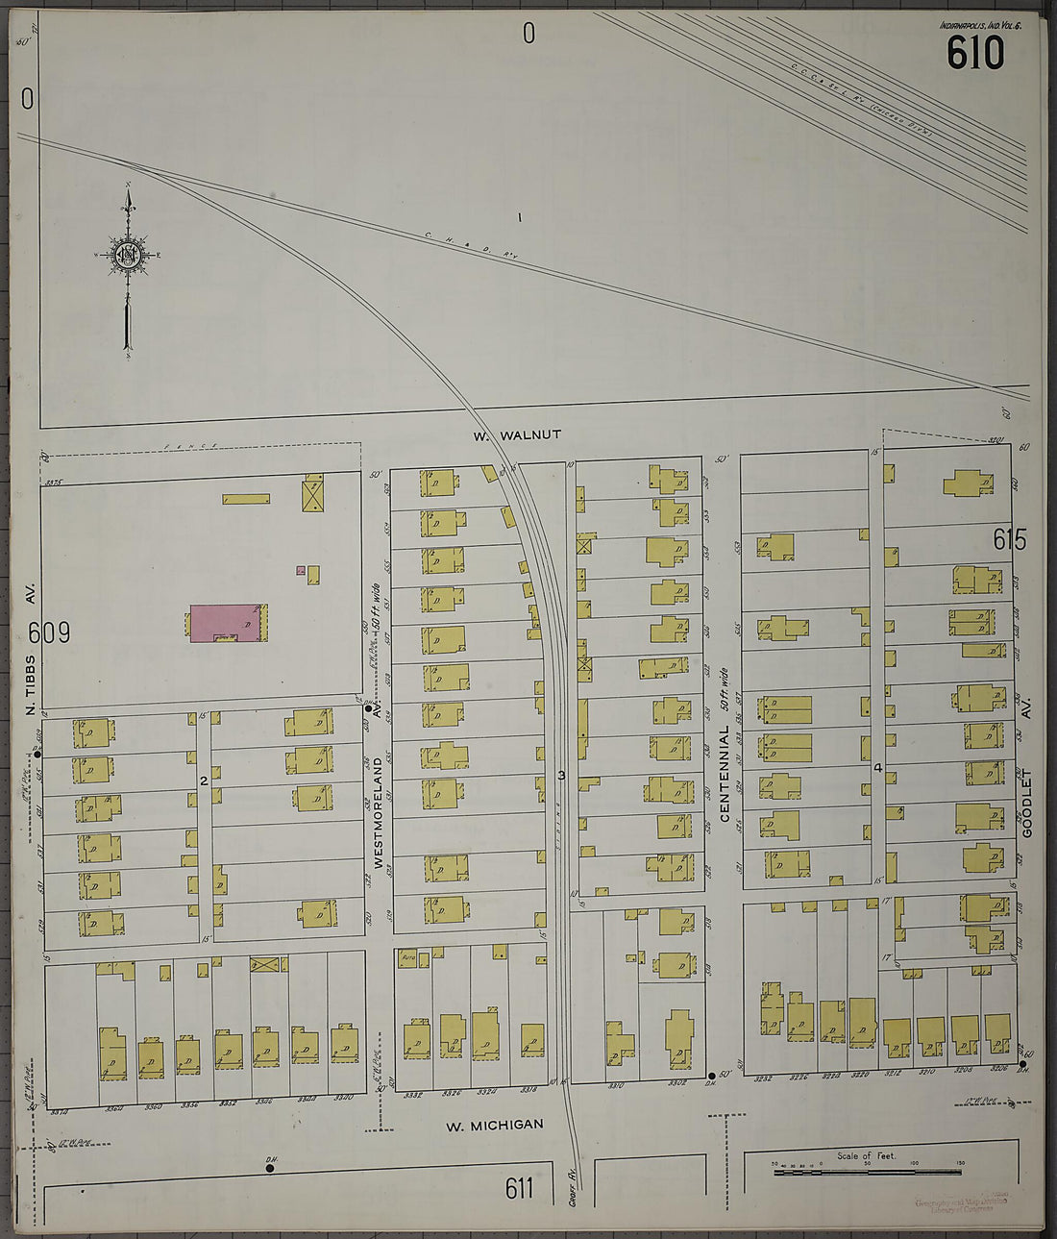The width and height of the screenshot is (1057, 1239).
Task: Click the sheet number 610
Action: [x=975, y=53]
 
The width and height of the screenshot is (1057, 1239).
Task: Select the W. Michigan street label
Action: [x=494, y=1125]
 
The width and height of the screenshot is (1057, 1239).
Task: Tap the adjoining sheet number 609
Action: [x=50, y=633]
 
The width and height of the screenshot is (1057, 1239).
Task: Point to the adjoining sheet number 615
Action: [x=1010, y=540]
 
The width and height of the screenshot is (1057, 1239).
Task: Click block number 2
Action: [x=204, y=781]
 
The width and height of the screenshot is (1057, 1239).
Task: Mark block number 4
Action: [x=877, y=768]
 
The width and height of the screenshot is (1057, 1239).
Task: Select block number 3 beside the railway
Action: [x=562, y=775]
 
